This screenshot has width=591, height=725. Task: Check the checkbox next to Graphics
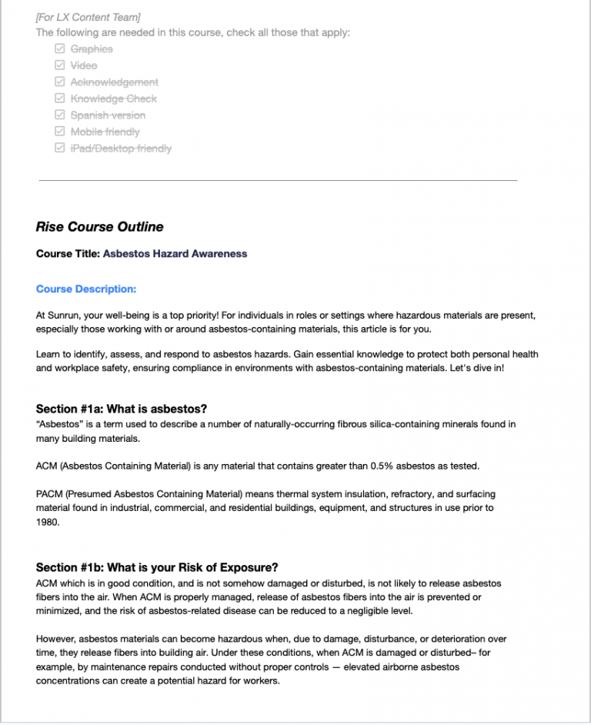59,48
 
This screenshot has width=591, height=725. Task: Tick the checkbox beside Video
59,65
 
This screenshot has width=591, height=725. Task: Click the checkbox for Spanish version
59,115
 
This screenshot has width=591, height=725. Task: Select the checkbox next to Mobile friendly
59,132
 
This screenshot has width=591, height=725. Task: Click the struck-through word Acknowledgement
114,82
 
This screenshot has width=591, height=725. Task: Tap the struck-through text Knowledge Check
113,99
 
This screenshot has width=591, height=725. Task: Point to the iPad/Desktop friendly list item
121,149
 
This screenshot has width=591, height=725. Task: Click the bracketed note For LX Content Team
88,17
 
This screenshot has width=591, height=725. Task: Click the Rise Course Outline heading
99,227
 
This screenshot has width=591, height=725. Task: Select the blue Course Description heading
85,289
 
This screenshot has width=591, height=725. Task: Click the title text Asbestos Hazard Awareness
175,253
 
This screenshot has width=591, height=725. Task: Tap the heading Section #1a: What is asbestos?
122,409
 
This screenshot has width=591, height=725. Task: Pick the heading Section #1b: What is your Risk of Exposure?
157,568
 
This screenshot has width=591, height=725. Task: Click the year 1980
48,521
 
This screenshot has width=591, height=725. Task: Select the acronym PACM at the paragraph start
49,493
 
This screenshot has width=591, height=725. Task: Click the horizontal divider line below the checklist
277,181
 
